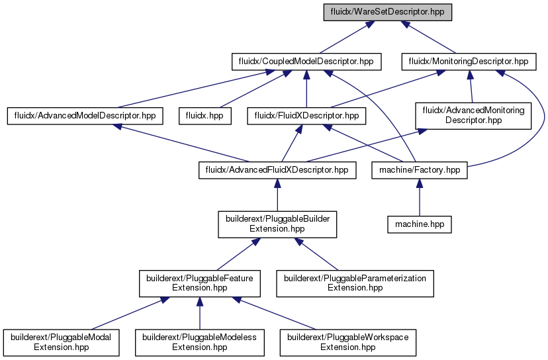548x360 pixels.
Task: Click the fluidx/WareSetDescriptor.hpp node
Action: point(388,12)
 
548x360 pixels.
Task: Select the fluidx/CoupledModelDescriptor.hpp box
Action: point(306,62)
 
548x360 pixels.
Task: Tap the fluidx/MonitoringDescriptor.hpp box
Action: point(469,62)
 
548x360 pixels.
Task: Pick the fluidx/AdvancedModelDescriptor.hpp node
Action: point(85,116)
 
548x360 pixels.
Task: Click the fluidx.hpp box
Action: point(205,116)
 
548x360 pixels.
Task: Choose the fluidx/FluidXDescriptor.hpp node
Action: point(306,116)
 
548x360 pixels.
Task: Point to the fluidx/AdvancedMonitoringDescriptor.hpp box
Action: point(473,116)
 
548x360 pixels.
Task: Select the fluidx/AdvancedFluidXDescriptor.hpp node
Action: point(277,170)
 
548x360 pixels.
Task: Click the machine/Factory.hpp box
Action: point(420,170)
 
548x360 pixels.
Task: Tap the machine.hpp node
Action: point(420,224)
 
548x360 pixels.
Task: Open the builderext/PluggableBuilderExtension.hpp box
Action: point(277,224)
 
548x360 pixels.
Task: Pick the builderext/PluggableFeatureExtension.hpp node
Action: point(200,283)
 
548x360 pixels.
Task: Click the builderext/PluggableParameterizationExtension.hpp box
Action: point(355,283)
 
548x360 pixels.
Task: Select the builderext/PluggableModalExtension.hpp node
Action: point(61,343)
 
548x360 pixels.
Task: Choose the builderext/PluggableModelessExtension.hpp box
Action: point(200,343)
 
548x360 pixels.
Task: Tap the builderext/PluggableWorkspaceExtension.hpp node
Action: point(347,343)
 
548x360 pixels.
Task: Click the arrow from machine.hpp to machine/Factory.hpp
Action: point(420,197)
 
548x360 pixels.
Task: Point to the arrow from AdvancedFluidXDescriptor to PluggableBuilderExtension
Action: point(277,195)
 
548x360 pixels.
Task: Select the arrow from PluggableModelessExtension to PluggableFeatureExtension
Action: point(200,314)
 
